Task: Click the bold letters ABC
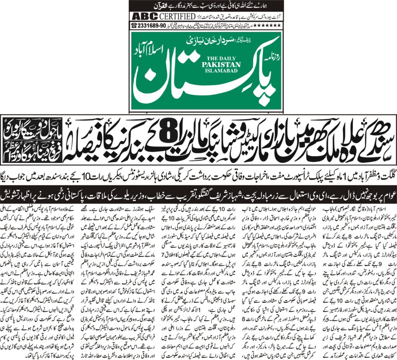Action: pyautogui.click(x=143, y=17)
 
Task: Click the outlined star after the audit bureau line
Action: pyautogui.click(x=200, y=17)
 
